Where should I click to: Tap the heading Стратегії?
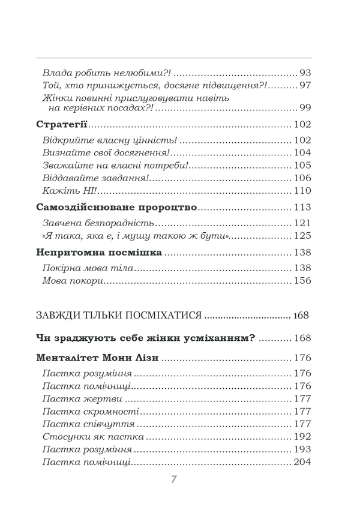click(62, 125)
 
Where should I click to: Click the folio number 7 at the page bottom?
click(174, 479)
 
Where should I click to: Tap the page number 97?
click(305, 85)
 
